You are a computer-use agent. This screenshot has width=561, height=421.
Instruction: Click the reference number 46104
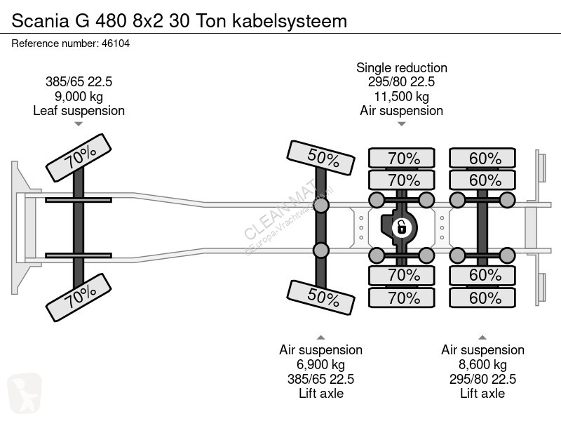116,44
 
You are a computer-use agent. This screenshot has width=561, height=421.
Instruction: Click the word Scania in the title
40,21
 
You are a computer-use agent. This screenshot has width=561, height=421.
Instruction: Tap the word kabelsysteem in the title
290,21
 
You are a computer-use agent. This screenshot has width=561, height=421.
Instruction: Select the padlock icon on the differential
401,227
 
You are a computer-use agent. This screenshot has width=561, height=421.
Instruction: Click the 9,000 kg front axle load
79,96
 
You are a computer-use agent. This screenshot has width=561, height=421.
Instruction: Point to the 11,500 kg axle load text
401,96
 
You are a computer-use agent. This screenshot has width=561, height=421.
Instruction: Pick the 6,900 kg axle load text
320,364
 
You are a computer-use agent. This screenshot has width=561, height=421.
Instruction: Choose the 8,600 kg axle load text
482,364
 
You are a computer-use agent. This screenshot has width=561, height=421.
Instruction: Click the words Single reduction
401,67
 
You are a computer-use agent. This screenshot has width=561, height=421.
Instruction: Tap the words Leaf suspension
79,111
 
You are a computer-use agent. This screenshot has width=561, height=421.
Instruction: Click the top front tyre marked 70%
79,158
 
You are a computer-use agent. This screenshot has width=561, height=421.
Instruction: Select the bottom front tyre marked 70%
79,298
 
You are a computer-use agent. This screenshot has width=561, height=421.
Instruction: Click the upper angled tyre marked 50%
321,158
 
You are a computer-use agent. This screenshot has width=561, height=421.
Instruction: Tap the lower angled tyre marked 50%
321,298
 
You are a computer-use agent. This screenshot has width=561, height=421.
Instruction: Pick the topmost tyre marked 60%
482,158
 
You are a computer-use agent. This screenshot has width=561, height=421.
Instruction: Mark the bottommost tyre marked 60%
482,298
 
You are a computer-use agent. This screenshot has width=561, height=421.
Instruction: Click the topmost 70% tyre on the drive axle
402,158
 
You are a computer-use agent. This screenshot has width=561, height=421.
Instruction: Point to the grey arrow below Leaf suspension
79,124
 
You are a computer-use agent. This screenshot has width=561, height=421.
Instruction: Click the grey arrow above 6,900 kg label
320,338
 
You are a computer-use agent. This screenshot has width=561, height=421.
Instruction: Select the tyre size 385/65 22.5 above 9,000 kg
79,81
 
